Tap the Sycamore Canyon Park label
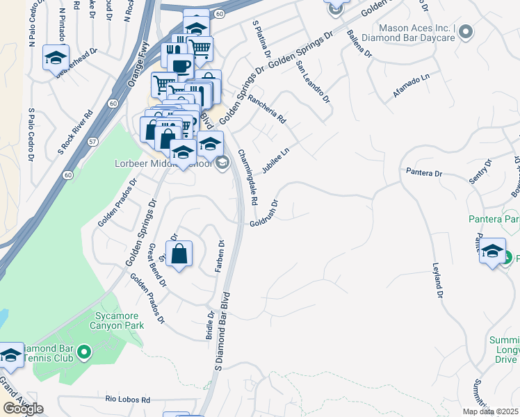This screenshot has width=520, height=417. (x=118, y=321)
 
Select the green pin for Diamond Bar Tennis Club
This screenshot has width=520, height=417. (x=84, y=352)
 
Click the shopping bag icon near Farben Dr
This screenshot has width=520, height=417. (x=179, y=254)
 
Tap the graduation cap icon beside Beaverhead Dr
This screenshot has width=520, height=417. (x=56, y=58)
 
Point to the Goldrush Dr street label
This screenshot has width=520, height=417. (x=265, y=213)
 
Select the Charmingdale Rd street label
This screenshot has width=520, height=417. (x=247, y=177)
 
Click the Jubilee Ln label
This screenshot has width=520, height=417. (x=275, y=161)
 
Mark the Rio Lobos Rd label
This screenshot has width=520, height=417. (x=127, y=400)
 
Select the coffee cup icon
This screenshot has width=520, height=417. (x=181, y=66)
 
